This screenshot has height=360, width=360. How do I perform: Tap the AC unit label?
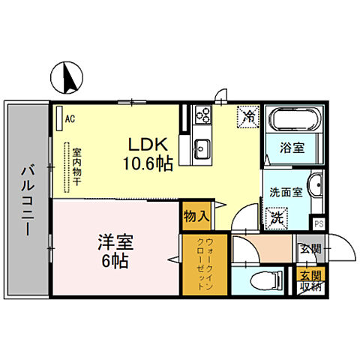point(70,118)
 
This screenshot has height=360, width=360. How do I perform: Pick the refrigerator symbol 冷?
point(248,116)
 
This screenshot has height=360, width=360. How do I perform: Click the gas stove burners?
point(202,115)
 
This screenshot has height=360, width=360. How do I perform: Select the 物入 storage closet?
point(196,217)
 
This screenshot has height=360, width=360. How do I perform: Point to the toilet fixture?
point(257,282)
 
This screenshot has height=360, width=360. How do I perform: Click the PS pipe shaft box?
point(318,223)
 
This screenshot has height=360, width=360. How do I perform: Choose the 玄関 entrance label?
point(309,248)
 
